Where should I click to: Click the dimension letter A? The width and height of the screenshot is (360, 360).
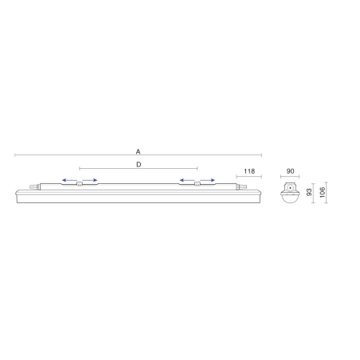click(138, 151)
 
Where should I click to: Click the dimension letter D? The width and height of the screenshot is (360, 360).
click(139, 165)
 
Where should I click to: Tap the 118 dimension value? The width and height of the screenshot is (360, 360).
click(249, 171)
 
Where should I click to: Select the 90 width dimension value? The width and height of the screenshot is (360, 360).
click(290, 171)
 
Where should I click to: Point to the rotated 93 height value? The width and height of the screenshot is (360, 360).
click(309, 192)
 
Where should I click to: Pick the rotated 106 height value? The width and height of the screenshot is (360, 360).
click(322, 192)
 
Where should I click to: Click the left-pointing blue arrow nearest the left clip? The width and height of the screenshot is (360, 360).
click(69, 180)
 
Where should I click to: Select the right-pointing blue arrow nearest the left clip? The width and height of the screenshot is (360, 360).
click(90, 180)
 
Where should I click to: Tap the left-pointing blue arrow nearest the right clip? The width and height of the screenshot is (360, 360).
click(187, 180)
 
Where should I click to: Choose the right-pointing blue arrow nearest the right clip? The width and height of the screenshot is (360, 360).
click(207, 180)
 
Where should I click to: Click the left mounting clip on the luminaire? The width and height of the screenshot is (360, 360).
click(80, 184)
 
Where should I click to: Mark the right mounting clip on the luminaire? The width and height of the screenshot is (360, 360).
click(198, 184)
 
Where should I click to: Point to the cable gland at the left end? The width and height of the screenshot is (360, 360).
click(35, 187)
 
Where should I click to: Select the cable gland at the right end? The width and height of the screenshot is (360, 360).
click(241, 187)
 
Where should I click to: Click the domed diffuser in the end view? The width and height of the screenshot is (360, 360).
click(290, 198)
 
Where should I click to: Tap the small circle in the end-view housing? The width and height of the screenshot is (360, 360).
click(290, 188)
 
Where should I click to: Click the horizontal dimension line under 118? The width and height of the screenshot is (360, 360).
click(249, 177)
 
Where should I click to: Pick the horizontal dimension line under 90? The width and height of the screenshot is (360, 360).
click(290, 177)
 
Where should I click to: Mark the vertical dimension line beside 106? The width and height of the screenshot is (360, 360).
click(327, 193)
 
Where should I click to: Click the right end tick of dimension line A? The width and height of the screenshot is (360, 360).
click(261, 155)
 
